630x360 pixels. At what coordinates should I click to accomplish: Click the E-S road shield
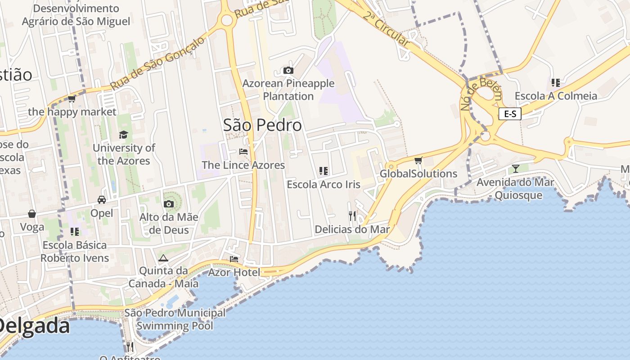tap(510, 114)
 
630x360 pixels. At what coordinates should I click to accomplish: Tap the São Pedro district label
tap(262, 125)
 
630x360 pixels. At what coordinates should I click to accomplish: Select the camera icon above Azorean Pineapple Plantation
tap(288, 70)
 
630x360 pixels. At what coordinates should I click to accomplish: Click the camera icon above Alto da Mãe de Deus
tap(169, 204)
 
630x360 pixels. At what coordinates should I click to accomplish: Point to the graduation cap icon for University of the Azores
tap(123, 135)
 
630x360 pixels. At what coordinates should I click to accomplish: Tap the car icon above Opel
tap(102, 200)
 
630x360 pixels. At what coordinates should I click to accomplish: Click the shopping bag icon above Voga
tap(32, 213)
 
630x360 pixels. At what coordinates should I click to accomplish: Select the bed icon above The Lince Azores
tap(243, 152)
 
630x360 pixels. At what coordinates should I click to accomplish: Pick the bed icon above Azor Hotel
tap(234, 259)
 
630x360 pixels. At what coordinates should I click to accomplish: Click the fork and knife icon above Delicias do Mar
tap(352, 216)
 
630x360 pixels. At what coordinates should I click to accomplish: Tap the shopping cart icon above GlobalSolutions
tap(418, 160)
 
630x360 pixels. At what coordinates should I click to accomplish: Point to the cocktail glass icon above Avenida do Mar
tap(515, 169)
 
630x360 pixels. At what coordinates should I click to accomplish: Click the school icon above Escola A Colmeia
tap(556, 83)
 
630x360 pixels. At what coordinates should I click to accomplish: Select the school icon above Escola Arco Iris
tap(323, 171)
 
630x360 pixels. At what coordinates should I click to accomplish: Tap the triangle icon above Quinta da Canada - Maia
tap(163, 258)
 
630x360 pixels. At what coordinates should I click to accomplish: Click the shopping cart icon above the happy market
tap(72, 99)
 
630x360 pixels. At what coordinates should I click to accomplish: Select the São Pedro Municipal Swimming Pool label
tap(175, 319)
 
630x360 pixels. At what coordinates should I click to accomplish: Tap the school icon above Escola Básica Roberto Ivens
tap(75, 232)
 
